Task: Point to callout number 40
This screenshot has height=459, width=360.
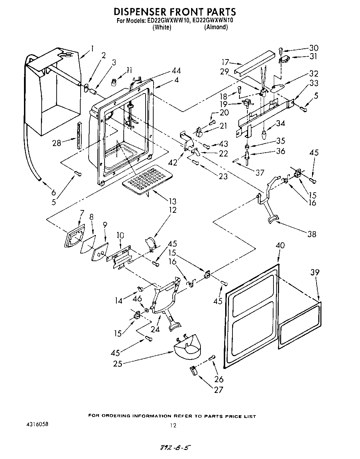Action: coord(280,245)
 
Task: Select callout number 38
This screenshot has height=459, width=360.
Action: coord(312,234)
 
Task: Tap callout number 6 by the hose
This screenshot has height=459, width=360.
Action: coord(53,192)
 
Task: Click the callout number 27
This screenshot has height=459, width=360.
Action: coord(218,390)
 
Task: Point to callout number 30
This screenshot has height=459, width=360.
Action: coord(314,48)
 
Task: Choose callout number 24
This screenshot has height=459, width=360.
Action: coord(155,329)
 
